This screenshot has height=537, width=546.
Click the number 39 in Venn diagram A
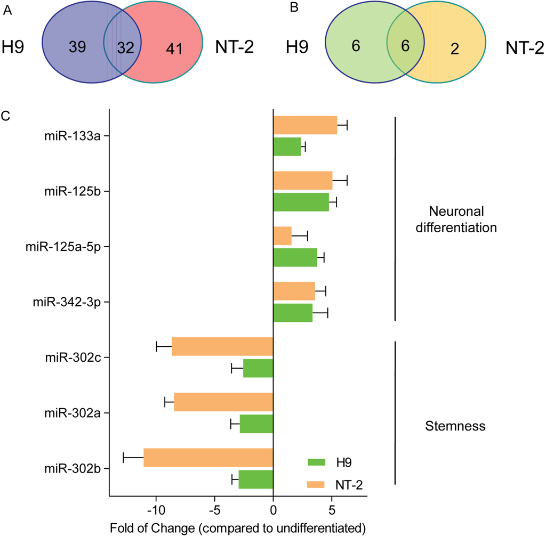tap(78, 47)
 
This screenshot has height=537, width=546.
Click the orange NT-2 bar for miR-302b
tap(208, 458)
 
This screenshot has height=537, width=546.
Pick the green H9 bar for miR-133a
tap(287, 147)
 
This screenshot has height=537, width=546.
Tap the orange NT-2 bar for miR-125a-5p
tap(282, 236)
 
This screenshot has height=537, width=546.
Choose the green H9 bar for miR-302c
tap(258, 368)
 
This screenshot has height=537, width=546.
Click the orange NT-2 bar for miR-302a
tap(223, 402)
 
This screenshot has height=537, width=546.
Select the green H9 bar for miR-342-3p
tap(293, 313)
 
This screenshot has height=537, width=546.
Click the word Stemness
tap(455, 426)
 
